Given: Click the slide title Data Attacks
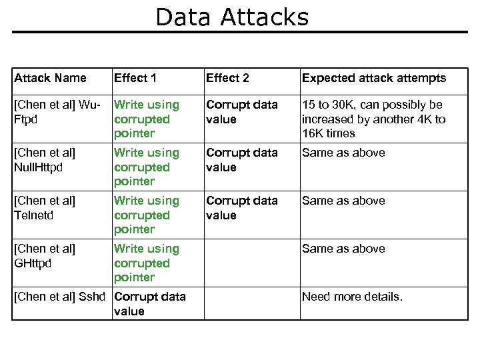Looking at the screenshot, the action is click(232, 17).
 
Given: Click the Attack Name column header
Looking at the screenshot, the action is click(51, 78).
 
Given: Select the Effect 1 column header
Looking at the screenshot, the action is click(135, 78).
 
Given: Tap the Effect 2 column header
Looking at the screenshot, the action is click(227, 78).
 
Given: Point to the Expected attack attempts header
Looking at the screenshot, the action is click(374, 78).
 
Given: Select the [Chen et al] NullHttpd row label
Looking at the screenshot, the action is click(45, 160).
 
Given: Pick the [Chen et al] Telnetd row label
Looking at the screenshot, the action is click(45, 208).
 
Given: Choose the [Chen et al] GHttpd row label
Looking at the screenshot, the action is click(45, 256).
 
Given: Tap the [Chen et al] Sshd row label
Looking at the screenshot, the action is click(62, 297).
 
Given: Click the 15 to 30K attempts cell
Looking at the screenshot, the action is click(373, 119).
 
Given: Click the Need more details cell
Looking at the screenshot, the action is click(352, 297).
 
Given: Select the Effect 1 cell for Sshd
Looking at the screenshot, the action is click(150, 303).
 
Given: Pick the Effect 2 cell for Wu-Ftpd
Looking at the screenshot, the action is click(241, 112).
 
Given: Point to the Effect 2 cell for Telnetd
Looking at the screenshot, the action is click(241, 208).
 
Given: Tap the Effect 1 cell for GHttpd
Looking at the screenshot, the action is click(147, 263).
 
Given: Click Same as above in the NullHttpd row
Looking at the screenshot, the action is click(343, 153).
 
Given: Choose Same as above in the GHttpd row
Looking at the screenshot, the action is click(343, 249).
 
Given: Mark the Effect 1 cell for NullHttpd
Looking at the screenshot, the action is click(147, 167).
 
